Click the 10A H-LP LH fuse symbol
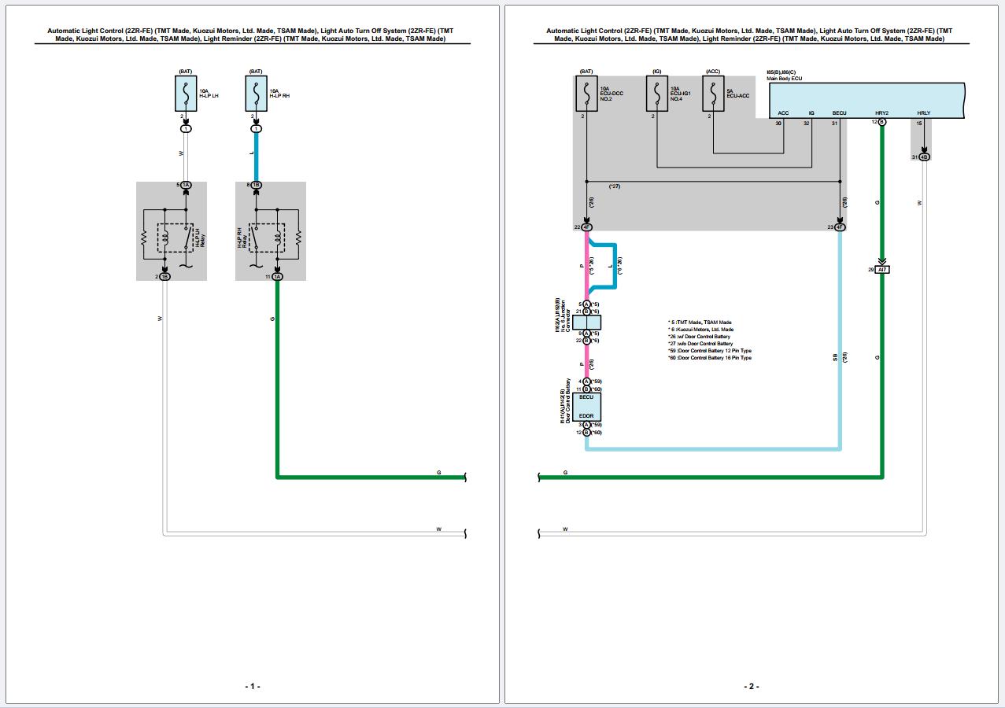186,94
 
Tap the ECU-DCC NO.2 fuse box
586,94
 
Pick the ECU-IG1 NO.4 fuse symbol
656,94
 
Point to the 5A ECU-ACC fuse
713,94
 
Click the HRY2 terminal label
881,112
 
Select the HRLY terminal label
923,112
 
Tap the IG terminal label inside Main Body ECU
811,112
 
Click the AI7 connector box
882,270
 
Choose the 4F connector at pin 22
586,227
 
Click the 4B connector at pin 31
925,157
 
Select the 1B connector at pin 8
256,185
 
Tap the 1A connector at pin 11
277,276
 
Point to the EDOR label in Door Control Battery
586,415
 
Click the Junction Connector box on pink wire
586,322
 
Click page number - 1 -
252,686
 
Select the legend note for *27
700,344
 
